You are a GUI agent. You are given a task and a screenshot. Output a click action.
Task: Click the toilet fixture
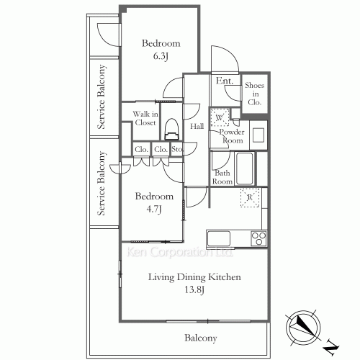(172, 129)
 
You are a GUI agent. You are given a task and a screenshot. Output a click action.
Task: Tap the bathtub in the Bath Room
(245, 168)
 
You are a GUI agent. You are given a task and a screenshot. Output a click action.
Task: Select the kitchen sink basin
(219, 238)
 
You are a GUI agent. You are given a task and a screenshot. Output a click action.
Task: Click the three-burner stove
(258, 238)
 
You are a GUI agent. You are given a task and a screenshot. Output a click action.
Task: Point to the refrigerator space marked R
(250, 197)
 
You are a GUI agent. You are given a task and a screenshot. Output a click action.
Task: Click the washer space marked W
(220, 117)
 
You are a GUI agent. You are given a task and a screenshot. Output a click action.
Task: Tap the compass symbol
(303, 328)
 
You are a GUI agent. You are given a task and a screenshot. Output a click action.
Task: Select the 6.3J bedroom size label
(161, 56)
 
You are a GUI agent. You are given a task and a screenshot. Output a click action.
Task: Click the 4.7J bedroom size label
(154, 209)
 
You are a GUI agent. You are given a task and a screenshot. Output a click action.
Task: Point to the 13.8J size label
(194, 289)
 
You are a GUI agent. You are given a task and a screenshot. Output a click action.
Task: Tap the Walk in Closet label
(145, 118)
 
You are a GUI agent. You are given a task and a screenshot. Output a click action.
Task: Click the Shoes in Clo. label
(255, 94)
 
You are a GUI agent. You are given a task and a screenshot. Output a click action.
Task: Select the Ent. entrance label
(225, 81)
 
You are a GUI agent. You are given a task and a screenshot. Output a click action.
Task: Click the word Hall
(197, 126)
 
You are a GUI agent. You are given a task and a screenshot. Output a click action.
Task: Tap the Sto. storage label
(177, 149)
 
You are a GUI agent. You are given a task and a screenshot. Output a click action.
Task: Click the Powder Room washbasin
(258, 135)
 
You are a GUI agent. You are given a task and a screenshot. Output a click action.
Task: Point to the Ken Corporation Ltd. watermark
(179, 252)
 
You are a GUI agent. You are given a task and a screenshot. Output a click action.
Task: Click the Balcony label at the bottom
(201, 338)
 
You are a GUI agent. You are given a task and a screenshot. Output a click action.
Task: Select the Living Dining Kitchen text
(194, 277)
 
